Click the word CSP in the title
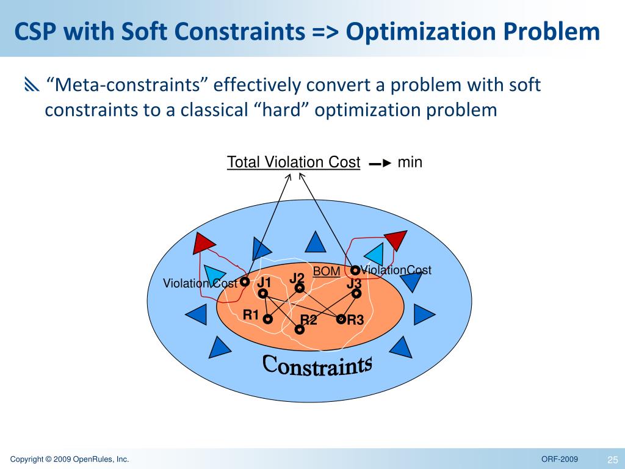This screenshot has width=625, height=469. coord(40,32)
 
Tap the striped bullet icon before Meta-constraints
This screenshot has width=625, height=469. coord(31,85)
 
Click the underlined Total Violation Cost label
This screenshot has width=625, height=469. coord(294,162)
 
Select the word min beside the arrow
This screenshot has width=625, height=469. coord(410,162)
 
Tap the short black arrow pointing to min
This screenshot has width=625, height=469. coord(380,164)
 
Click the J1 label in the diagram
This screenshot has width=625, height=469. coord(264,283)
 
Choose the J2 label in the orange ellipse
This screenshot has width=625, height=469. coord(297,278)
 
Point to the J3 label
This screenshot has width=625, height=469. coord(354,284)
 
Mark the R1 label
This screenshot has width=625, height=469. coord(251,315)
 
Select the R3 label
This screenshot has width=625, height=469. coord(355,319)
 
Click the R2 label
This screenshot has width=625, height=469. coord(309,320)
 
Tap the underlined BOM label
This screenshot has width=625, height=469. coord(327,271)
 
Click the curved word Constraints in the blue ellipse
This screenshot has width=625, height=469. coord(317,365)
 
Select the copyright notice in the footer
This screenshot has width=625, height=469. coord(70,459)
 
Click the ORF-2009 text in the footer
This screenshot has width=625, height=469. coord(560,459)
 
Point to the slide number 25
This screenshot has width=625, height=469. coord(613,459)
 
